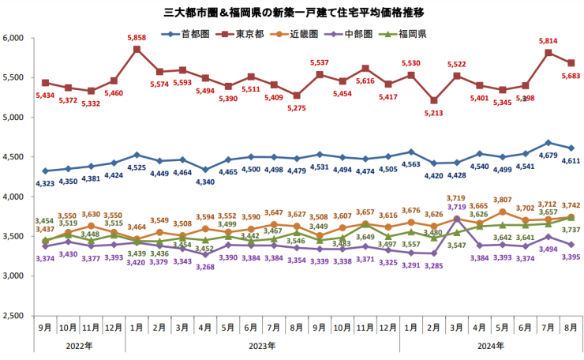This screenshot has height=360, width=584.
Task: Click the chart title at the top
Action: click(x=293, y=12)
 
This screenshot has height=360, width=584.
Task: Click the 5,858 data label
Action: click(x=137, y=38)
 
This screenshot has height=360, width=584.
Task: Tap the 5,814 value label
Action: click(x=547, y=41)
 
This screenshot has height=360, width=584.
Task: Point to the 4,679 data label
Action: click(x=548, y=156)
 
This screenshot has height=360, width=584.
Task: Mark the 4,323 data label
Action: click(x=45, y=183)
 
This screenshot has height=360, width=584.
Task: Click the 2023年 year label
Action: click(x=262, y=346)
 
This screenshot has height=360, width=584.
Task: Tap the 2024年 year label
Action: click(x=490, y=346)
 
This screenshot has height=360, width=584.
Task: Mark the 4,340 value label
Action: click(x=205, y=182)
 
